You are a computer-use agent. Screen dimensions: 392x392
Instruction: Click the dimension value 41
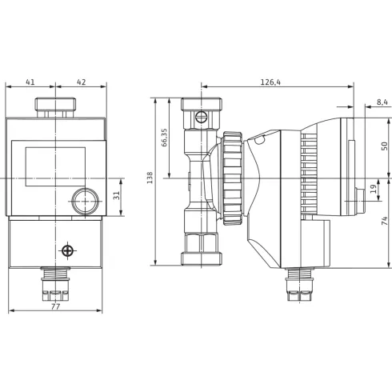30,82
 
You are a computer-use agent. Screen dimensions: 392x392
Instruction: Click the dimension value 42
82,82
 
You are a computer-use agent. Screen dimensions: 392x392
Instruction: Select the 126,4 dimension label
270,82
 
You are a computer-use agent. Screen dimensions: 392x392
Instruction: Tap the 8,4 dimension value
382,102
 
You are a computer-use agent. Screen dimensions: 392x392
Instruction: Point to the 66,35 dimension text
164,138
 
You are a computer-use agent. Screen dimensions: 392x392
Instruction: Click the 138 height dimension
150,178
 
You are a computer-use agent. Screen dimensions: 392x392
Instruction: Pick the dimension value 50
385,146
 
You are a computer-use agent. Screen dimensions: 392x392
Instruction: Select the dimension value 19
374,189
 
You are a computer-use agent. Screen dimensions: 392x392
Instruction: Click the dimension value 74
385,221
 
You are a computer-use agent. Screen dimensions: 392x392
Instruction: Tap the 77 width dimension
55,306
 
